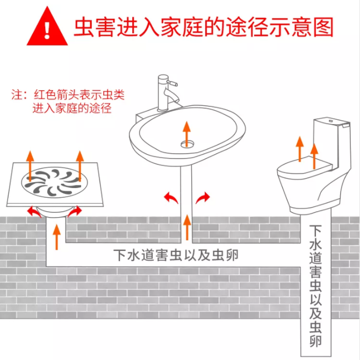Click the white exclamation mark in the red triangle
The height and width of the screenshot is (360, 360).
pos(47,30)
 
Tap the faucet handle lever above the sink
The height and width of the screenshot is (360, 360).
pos(172,83)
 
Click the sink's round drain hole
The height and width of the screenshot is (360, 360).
pos(187,144)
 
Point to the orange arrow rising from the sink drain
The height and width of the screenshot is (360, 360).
pos(186,134)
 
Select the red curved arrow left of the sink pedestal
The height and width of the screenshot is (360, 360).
pos(170,197)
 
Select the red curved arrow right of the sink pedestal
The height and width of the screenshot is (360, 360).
pos(203,197)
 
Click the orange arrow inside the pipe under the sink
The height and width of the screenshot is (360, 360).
pos(188,227)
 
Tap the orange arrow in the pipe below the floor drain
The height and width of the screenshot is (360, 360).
pos(56,237)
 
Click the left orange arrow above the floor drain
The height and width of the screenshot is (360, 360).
pos(30,166)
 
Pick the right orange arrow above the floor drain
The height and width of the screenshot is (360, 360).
pos(80,166)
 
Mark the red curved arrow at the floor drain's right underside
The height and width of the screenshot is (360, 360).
pos(75,211)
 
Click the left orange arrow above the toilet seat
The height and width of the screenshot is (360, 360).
pos(300,149)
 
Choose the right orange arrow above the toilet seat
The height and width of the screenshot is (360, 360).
pos(314,156)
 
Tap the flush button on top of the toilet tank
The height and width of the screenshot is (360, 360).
pos(330,121)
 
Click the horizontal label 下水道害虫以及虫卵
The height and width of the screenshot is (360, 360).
pos(176,255)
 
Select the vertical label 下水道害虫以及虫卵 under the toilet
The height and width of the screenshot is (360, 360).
pos(316,286)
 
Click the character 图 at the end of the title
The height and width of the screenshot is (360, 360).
pos(323,27)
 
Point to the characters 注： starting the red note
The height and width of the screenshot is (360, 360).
pos(20,95)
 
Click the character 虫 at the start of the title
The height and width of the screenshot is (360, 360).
pos(84,27)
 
